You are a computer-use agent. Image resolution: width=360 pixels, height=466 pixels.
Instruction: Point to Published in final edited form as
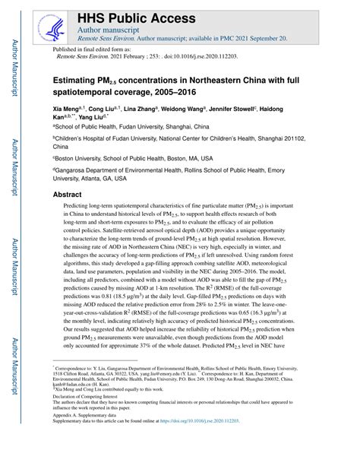point(93,48)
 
